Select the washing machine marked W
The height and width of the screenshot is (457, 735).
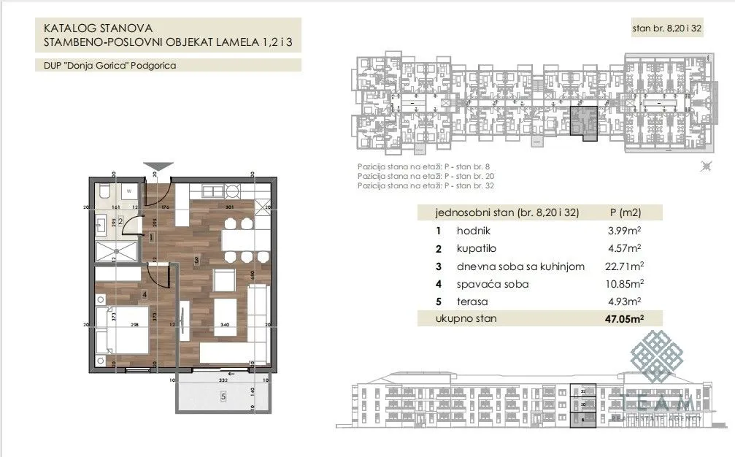point(128,192)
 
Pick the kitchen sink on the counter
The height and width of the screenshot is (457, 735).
point(232,192)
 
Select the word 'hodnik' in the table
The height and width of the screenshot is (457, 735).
point(474,231)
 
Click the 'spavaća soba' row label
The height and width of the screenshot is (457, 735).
point(493,284)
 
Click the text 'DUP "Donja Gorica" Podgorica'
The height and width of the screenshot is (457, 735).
point(109,65)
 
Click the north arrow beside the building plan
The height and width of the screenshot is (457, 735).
point(705,167)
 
